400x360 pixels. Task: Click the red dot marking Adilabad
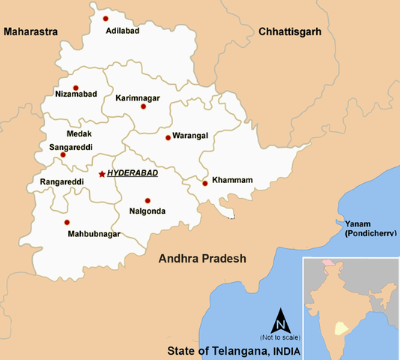point(106,18)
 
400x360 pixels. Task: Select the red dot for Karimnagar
point(143,106)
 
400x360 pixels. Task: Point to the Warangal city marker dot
point(168,137)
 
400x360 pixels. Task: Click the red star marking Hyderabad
point(102,174)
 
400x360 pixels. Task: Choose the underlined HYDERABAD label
point(133,173)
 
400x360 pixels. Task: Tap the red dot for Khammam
point(204,183)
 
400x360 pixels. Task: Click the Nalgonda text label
point(148,211)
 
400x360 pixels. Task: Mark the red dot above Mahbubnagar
point(67,222)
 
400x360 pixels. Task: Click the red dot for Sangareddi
point(63,155)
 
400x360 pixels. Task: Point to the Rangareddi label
point(56,181)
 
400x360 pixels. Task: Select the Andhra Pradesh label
point(202,259)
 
